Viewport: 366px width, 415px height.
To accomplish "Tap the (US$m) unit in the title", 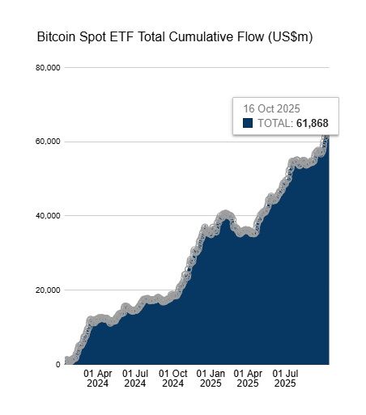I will pyautogui.click(x=289, y=38).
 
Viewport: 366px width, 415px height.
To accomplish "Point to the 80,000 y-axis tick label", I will pyautogui.click(x=47, y=68).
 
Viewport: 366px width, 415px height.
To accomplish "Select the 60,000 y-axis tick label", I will pyautogui.click(x=47, y=142).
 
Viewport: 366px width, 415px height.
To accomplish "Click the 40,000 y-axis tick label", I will pyautogui.click(x=47, y=216).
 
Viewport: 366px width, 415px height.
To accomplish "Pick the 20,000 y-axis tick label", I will pyautogui.click(x=47, y=290).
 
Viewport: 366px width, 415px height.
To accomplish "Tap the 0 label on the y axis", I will pyautogui.click(x=57, y=365).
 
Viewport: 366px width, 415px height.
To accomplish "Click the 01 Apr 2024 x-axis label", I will pyautogui.click(x=98, y=379).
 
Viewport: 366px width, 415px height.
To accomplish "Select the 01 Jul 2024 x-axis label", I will pyautogui.click(x=135, y=379).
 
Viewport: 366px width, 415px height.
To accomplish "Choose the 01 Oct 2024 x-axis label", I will pyautogui.click(x=173, y=379).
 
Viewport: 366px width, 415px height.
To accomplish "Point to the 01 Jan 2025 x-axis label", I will pyautogui.click(x=211, y=379).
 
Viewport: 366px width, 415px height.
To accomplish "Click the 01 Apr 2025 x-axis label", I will pyautogui.click(x=248, y=379).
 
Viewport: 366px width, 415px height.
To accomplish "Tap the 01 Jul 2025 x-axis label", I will pyautogui.click(x=285, y=379).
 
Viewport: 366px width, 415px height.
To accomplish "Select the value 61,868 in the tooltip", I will pyautogui.click(x=312, y=124).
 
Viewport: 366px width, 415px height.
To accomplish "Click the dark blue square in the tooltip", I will pyautogui.click(x=248, y=124).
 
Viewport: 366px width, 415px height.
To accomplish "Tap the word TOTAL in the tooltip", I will pyautogui.click(x=274, y=124).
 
